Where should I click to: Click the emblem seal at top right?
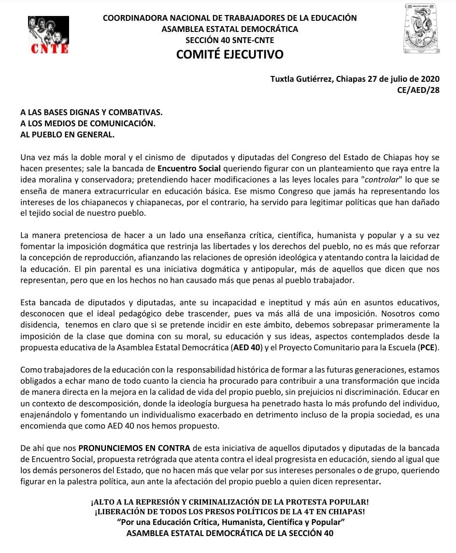tap(421, 29)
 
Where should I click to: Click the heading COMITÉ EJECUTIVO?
tap(229, 54)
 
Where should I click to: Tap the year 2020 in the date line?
tap(430, 78)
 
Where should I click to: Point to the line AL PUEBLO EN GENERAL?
tap(68, 135)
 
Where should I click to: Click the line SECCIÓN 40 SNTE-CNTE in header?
tap(229, 40)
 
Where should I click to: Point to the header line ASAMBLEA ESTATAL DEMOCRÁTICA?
tap(229, 29)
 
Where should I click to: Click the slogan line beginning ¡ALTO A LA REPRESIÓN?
tap(229, 502)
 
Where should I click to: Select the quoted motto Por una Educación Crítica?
tap(229, 523)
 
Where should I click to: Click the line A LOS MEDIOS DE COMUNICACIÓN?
tap(88, 123)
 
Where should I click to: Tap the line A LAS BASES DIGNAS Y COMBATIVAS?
tap(92, 112)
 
